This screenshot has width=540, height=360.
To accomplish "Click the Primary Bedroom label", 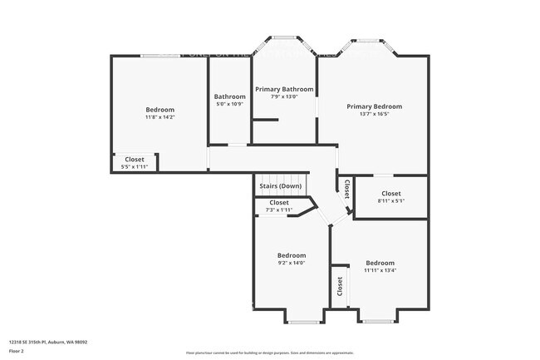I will point(374,106).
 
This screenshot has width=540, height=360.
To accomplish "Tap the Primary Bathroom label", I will point(284,89).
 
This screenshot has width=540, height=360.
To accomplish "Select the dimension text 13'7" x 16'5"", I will point(374,115).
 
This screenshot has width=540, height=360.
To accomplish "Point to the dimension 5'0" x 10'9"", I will point(229,104).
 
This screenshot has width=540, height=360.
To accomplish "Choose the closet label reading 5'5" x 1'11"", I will point(135,166).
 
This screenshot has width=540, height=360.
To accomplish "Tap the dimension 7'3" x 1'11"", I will point(279,210).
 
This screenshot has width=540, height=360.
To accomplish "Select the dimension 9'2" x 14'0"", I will point(292,263).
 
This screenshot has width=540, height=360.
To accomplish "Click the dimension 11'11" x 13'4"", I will point(380,269).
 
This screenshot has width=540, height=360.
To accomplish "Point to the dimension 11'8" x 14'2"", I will point(160,117).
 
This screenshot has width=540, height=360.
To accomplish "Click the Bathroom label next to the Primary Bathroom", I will point(229,96).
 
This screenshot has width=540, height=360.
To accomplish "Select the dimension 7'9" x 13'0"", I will point(284,96).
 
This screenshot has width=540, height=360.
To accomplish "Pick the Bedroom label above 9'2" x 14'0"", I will point(292,255).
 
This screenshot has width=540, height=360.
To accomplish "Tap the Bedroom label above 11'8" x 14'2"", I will point(160,110).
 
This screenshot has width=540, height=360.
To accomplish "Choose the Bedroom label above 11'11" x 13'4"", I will point(380,262).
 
